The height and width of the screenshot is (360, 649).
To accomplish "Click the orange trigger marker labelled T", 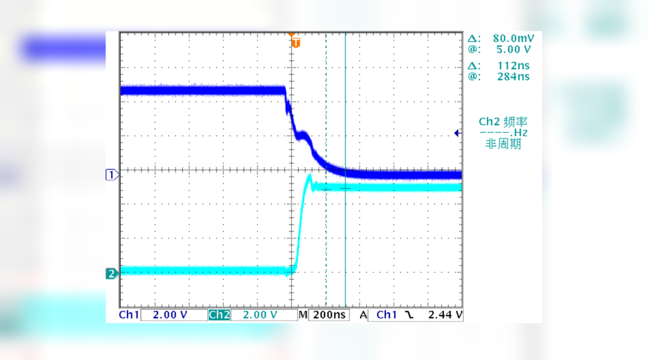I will tap(295, 43).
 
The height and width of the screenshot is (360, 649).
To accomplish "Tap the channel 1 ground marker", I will tap(111, 175).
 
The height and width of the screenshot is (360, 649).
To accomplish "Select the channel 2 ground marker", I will tap(111, 274).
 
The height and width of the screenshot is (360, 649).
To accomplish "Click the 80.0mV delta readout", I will tap(510, 38).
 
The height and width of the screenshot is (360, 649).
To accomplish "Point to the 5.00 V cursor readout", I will tap(512, 49).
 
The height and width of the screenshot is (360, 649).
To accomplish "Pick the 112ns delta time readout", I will tap(513, 66).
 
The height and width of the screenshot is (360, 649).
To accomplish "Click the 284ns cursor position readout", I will tap(513, 77).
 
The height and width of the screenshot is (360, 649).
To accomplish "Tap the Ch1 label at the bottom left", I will tap(129, 315).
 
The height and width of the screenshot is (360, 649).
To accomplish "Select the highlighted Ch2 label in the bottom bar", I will tap(219, 315).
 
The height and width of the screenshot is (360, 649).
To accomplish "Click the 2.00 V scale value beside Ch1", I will tap(170, 315).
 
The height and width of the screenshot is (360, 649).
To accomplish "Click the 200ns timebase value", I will tap(329, 315).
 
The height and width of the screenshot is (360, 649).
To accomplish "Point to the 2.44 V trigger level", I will tap(445, 315).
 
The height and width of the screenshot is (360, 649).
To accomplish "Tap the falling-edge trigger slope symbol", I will tap(410, 315).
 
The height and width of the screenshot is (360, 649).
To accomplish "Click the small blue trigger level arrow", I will tap(457, 133).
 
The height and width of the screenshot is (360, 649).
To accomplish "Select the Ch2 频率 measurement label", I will tap(503, 121).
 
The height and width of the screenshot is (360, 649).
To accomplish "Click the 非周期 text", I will tap(503, 144).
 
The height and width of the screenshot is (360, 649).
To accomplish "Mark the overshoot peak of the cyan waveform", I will tap(309, 176).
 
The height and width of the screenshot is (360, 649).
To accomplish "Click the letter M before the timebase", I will tap(303, 315).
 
